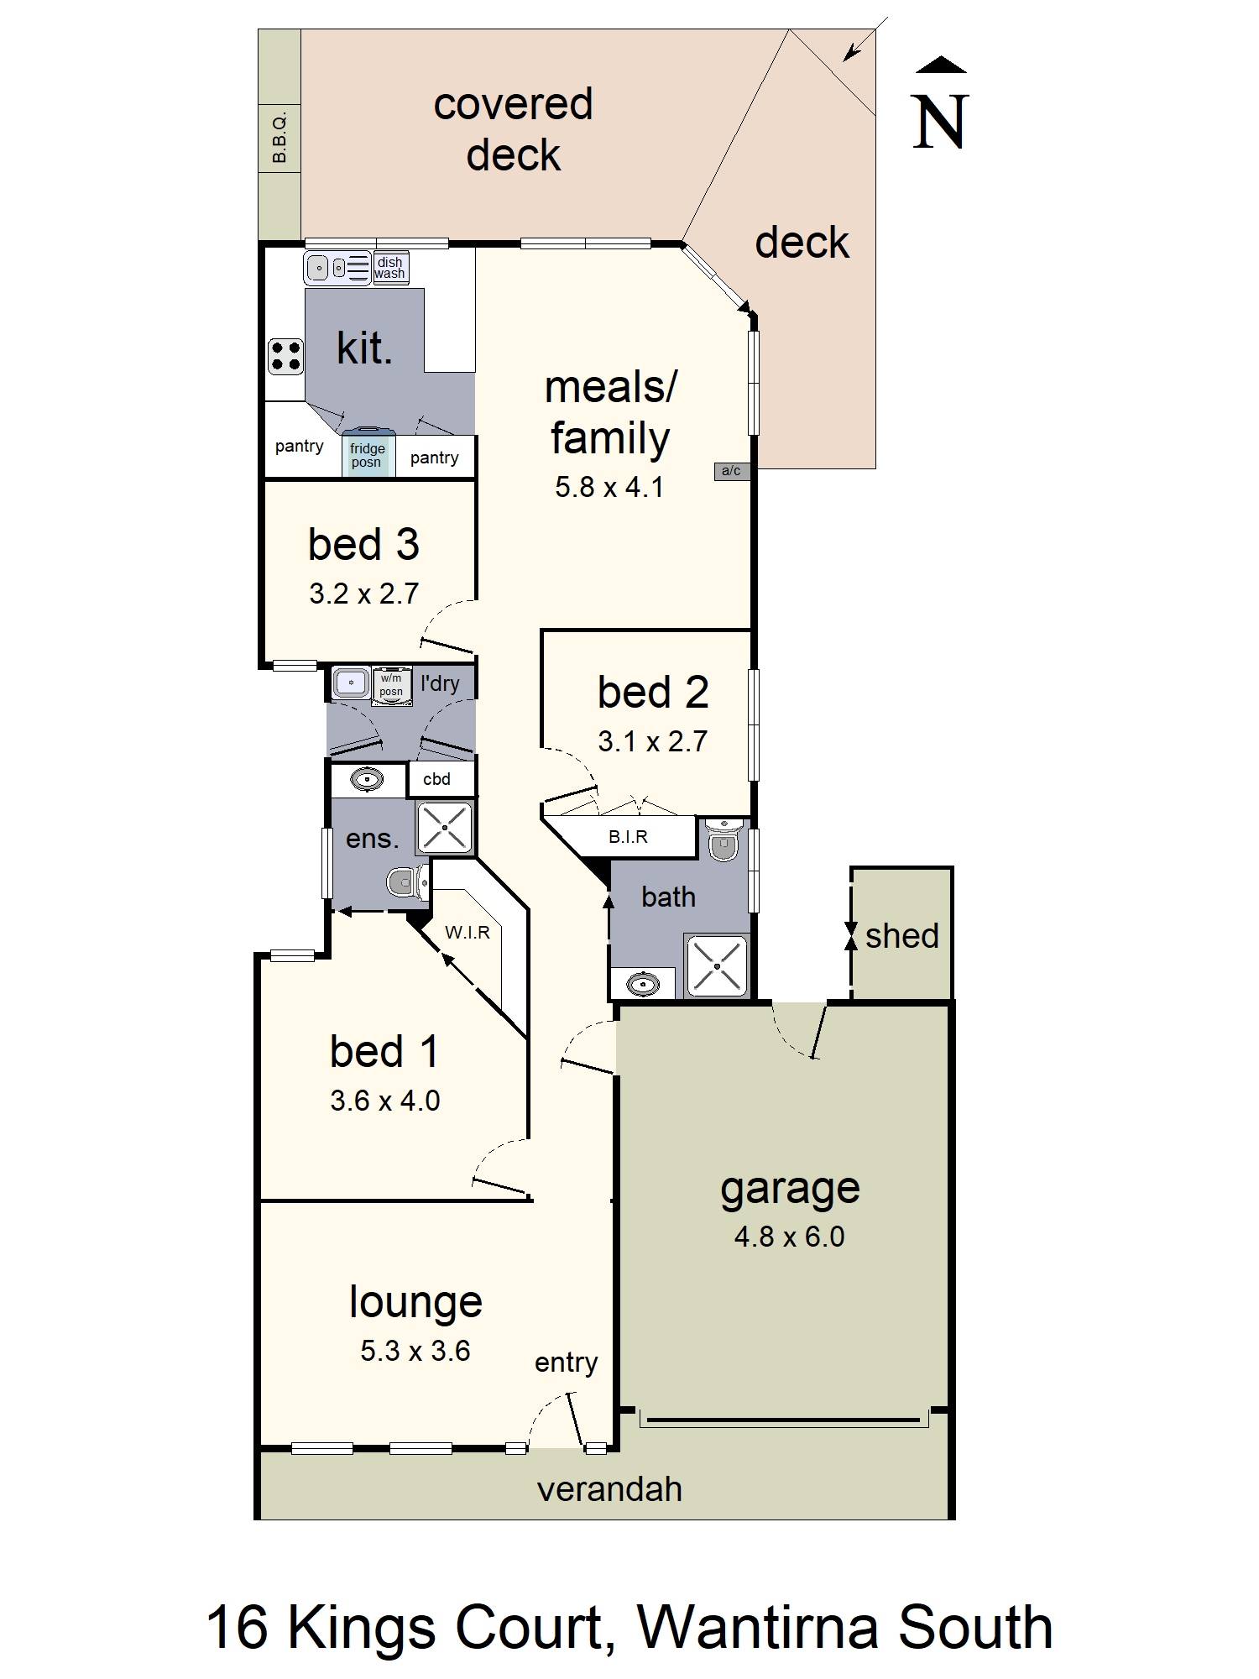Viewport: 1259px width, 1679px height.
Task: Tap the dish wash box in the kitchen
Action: coord(389,268)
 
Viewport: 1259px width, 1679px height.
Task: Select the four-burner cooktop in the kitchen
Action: coord(285,356)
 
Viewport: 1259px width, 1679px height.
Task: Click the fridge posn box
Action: coord(368,456)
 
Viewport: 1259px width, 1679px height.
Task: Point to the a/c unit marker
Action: coord(731,471)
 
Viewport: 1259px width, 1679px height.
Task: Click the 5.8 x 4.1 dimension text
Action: coord(609,487)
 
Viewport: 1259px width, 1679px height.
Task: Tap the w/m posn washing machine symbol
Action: coord(391,685)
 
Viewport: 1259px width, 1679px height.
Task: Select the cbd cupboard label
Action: coord(436,779)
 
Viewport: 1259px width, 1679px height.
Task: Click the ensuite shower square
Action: coord(445,827)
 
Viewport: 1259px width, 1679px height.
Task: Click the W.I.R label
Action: coord(468,932)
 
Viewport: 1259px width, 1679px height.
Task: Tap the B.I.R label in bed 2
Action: coord(628,837)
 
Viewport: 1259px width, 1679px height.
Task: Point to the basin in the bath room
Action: coord(643,983)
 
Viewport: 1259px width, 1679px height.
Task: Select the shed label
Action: coord(901,936)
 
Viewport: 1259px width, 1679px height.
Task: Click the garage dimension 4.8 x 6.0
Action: coord(789,1237)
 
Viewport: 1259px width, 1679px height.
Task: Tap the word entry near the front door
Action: coord(566,1363)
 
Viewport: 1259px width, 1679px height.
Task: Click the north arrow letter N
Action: coord(940,123)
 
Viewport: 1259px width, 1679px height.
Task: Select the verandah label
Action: coord(609,1489)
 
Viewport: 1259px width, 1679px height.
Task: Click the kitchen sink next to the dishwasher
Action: coord(319,268)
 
